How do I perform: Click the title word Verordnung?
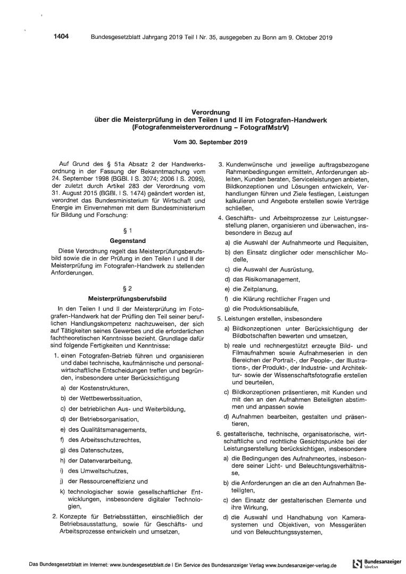tap(202, 113)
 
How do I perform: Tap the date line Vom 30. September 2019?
tap(202, 142)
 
